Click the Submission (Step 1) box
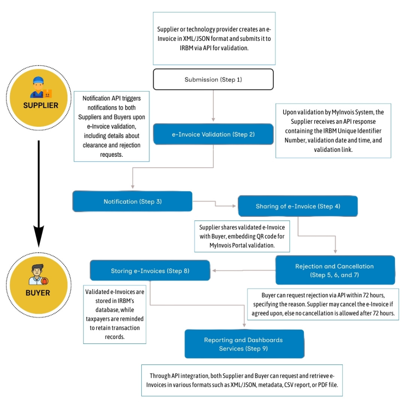(x=213, y=79)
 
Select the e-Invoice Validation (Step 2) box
(x=213, y=134)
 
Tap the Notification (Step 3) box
(x=132, y=201)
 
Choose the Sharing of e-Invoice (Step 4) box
(x=298, y=206)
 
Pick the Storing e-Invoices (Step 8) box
(x=150, y=271)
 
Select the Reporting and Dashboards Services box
(x=244, y=344)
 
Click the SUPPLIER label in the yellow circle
(x=40, y=105)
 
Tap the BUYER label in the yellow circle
(x=38, y=292)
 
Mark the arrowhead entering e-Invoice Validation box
(x=213, y=121)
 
